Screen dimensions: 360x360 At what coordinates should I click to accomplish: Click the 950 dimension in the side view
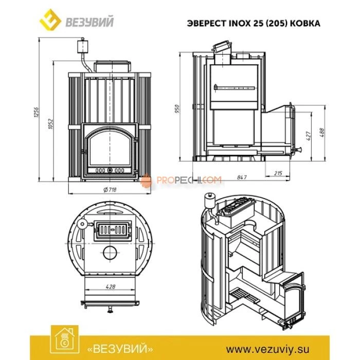tap(177, 109)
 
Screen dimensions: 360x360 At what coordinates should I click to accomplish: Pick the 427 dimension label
tap(309, 136)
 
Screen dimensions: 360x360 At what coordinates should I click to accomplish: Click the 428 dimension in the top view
tap(109, 286)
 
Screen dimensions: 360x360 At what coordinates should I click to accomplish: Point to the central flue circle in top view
tap(109, 252)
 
